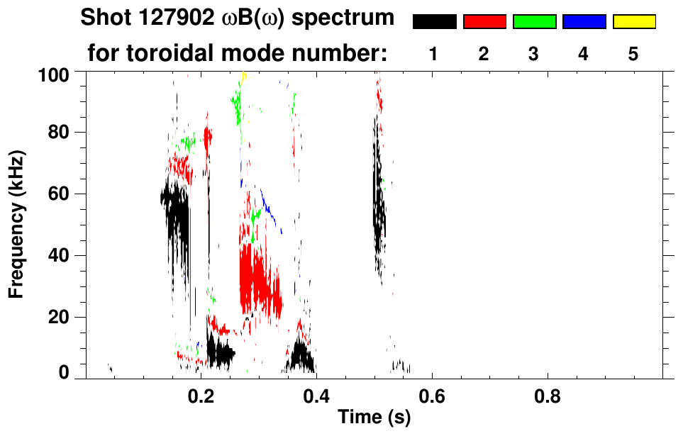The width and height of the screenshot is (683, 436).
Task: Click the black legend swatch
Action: (x=434, y=22)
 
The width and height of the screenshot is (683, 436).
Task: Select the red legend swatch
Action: (x=484, y=22)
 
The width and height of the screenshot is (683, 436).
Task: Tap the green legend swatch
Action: (x=534, y=22)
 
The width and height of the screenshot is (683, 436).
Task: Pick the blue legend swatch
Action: (x=584, y=22)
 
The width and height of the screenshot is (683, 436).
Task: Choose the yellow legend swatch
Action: (x=634, y=22)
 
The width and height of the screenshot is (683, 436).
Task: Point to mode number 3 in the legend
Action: (x=534, y=54)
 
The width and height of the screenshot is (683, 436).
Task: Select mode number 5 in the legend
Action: (x=634, y=54)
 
